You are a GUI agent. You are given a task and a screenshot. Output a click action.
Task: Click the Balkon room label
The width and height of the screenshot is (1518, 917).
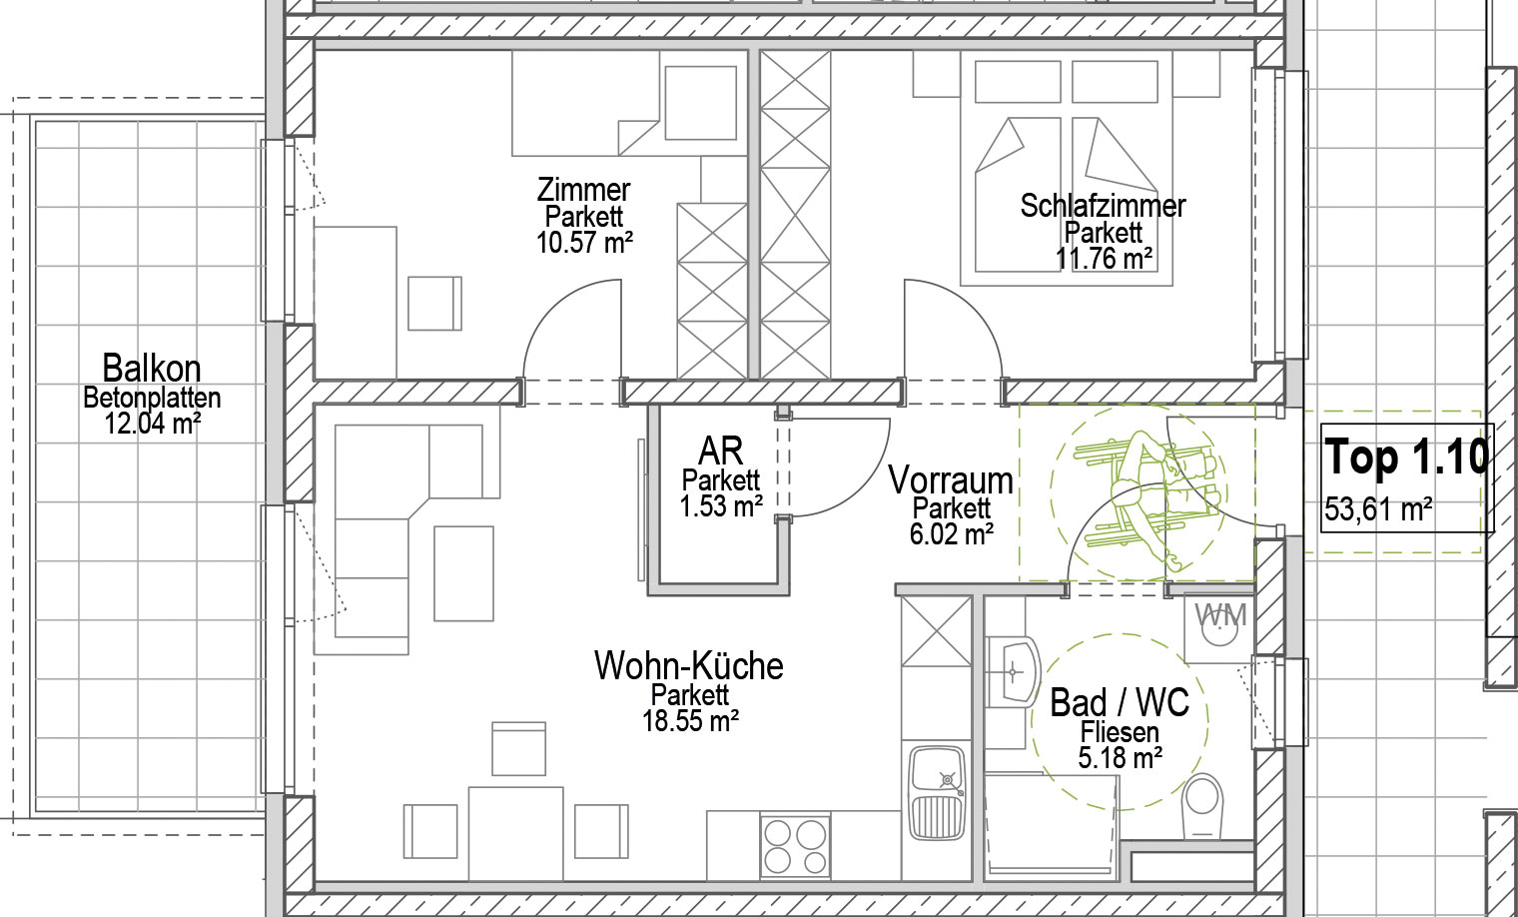click(152, 368)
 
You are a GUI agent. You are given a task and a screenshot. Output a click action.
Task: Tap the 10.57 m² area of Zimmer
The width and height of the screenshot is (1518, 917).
click(584, 243)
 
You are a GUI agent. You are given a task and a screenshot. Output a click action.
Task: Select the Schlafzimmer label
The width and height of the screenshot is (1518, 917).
click(1103, 206)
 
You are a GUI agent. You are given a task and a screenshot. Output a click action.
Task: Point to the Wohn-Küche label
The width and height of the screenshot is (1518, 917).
click(688, 666)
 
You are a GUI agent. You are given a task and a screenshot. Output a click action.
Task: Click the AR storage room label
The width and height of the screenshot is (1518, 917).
click(720, 451)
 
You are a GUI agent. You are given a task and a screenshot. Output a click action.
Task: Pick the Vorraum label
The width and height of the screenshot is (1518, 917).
click(951, 480)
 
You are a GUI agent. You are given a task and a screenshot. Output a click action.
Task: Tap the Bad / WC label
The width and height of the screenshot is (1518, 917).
click(1120, 703)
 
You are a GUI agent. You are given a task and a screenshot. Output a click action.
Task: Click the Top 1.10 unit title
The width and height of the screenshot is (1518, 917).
click(1406, 458)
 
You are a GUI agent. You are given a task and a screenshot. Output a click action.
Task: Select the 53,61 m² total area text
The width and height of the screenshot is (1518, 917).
click(1378, 509)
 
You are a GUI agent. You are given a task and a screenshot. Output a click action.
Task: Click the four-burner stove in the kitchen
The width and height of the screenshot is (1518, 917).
click(795, 846)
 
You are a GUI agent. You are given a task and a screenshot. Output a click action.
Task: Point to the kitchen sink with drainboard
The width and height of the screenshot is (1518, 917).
click(937, 794)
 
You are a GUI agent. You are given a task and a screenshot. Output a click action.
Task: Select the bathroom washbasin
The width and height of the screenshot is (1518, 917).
click(1013, 671)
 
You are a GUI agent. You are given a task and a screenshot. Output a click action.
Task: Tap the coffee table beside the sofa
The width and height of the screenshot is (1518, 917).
click(463, 574)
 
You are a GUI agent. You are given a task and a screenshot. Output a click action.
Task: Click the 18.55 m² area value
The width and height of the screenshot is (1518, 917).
click(690, 720)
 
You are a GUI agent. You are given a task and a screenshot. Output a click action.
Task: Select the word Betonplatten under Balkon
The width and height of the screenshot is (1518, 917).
click(152, 398)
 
